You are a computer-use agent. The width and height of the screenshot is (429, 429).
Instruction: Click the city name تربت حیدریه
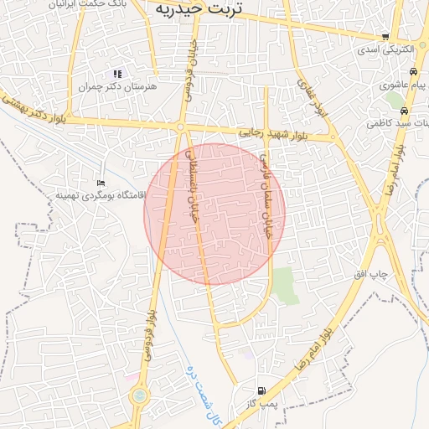(x=198, y=8)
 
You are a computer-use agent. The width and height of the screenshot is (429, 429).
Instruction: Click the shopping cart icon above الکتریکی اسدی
(x=385, y=37)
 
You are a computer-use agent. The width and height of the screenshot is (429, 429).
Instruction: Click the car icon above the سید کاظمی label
(x=404, y=111)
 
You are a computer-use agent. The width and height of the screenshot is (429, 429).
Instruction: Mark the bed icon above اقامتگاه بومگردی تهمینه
(x=101, y=183)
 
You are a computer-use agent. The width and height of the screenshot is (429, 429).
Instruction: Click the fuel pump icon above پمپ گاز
(x=261, y=390)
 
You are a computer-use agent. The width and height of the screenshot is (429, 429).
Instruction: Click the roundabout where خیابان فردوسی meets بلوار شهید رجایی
(x=181, y=127)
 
